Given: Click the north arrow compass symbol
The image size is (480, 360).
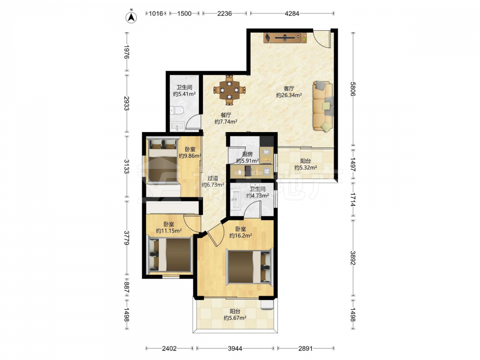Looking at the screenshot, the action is tap(132, 17).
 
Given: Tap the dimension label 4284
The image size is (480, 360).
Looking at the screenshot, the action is tap(292, 13).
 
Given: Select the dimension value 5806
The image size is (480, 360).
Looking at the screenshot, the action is tap(353, 89).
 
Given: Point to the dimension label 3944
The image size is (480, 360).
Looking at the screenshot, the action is tap(235, 348).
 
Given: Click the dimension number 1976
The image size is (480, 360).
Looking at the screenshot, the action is tap(127, 52).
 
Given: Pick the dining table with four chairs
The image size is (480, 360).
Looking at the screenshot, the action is tap(229, 90).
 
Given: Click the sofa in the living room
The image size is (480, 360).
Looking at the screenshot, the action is tap(323, 106).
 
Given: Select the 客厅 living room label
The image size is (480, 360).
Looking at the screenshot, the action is tap(289, 88).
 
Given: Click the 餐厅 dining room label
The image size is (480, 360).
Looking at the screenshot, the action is tap(226, 115).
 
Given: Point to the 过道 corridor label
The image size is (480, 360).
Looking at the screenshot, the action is tap(213, 178).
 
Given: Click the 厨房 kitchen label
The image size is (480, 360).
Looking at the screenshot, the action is tap(247, 154).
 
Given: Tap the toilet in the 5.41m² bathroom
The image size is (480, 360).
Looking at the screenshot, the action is tap(176, 110).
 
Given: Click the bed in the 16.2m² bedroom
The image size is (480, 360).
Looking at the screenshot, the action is tap(249, 266).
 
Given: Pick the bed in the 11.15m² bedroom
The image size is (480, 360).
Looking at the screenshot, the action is tap(169, 255).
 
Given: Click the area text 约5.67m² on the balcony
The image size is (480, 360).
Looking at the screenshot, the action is tap(235, 318).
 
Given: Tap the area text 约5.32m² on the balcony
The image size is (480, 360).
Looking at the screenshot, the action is tap(305, 168).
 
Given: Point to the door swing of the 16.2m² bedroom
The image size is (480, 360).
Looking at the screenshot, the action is tap(216, 234).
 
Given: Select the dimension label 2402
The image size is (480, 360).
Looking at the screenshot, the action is tap(169, 348).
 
